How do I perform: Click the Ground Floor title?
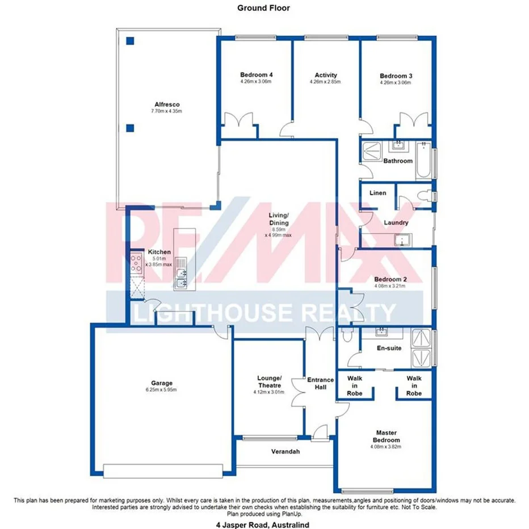pos(263,8)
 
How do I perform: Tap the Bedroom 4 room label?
pos(256,75)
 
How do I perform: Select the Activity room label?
pos(326,75)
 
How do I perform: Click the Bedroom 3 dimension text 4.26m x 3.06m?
pos(395,83)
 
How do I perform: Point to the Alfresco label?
pos(167,104)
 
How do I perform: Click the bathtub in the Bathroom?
pos(423,161)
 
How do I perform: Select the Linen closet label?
pos(377,193)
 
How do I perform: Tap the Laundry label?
pos(396,222)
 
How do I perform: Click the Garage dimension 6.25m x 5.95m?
pos(162,390)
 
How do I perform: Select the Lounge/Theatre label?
pos(269,381)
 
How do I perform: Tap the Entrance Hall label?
pos(321,384)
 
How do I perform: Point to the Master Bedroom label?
pos(386,436)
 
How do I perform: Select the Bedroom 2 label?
pos(391,279)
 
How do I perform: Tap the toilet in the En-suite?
pos(346,335)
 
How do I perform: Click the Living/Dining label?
pos(278,219)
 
